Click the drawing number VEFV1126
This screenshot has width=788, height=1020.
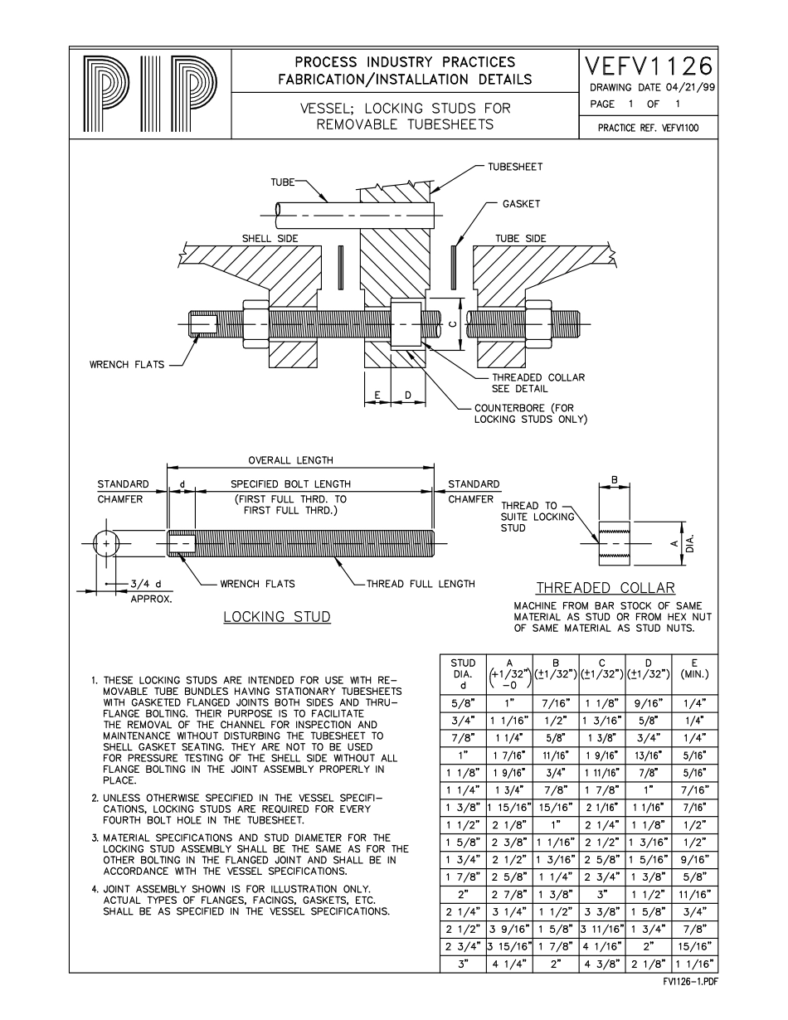pos(649,66)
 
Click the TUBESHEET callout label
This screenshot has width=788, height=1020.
pos(514,167)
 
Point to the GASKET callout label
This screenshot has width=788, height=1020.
pos(521,204)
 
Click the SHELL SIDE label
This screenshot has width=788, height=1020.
pos(270,239)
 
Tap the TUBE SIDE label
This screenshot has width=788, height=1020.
pos(521,239)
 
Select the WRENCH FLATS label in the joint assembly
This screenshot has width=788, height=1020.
pos(127,364)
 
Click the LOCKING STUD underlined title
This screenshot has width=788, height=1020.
pos(277,617)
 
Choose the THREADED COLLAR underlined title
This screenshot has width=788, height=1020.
pos(605,588)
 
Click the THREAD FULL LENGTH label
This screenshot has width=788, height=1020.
pos(422,584)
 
